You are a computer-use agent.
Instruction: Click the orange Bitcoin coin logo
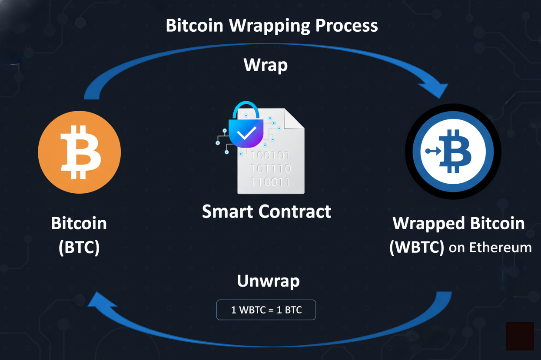click(x=79, y=152)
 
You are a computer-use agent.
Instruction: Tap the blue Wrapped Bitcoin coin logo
click(x=453, y=152)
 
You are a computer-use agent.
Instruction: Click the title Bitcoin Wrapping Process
click(x=272, y=26)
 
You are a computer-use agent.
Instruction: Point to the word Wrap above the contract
click(x=266, y=65)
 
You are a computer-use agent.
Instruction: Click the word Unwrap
click(x=268, y=281)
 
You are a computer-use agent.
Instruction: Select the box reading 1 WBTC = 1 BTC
click(x=266, y=310)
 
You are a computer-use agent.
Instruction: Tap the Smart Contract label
click(x=266, y=211)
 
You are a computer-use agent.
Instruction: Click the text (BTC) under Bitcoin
click(x=79, y=248)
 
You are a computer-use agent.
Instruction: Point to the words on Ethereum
click(x=490, y=248)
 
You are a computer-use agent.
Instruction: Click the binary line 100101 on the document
click(x=270, y=155)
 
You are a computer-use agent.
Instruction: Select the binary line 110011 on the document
click(x=270, y=182)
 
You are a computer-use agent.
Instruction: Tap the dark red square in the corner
click(x=520, y=336)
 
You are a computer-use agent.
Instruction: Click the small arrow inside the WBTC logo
click(x=433, y=151)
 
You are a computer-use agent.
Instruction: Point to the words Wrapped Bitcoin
click(x=458, y=224)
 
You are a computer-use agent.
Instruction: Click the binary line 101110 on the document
click(x=270, y=168)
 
